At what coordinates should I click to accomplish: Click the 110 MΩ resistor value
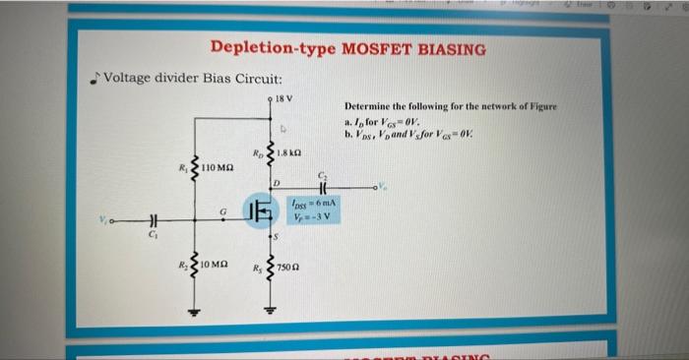[219, 170]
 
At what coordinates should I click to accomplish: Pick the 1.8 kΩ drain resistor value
[290, 154]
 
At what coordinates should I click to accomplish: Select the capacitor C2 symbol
[322, 186]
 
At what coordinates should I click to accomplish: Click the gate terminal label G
[224, 209]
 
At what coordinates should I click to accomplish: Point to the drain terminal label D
[277, 184]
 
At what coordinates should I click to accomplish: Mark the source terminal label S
[278, 237]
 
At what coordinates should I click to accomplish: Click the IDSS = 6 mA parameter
[314, 204]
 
